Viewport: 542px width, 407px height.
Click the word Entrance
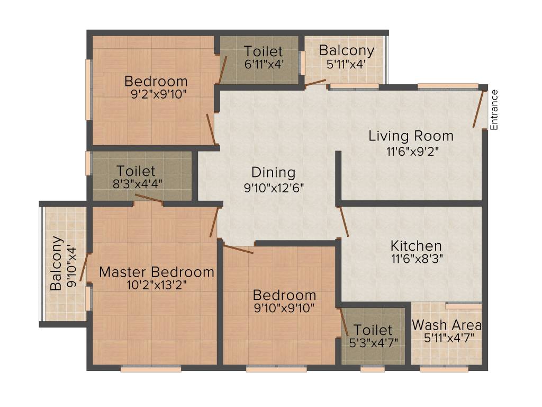[494, 110]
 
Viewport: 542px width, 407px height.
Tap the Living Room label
[411, 136]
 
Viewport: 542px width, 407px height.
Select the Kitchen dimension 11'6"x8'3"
[416, 259]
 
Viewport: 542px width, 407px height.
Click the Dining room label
[273, 172]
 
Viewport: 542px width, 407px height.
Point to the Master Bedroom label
[157, 272]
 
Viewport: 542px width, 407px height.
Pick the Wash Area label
[446, 324]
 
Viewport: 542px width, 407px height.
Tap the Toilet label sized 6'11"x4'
[263, 52]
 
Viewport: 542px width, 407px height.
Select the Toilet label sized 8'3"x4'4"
[136, 171]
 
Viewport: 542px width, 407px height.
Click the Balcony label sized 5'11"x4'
[347, 51]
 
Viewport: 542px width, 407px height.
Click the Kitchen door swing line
[344, 221]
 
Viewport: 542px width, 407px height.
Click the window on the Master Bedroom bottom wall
[151, 369]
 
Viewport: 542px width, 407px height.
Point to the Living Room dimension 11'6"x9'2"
[413, 150]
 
